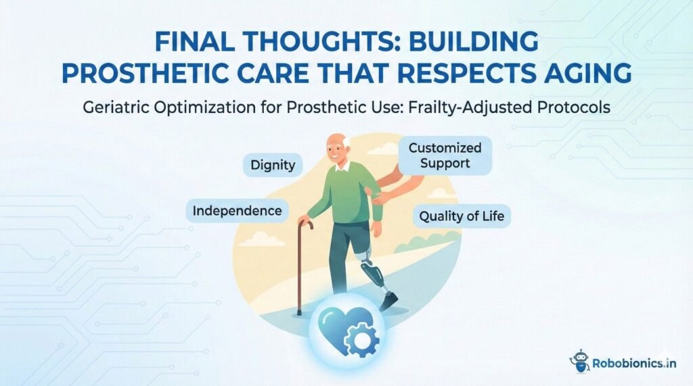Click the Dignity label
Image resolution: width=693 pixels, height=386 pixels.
(x=273, y=164)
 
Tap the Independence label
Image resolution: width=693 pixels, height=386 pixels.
(x=237, y=211)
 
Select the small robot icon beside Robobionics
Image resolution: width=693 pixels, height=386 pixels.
(x=580, y=361)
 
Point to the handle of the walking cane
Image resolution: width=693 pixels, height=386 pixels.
(x=307, y=223)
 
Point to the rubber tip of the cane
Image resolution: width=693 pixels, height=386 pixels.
(x=298, y=313)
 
